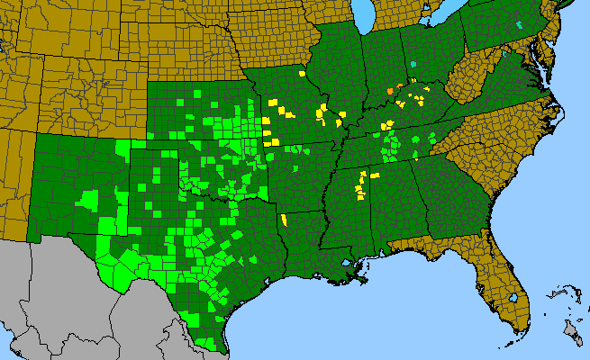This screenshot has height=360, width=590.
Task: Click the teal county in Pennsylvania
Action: (520, 25)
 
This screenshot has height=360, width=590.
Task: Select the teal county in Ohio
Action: (413, 64)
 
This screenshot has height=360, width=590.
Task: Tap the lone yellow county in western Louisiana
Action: (284, 219)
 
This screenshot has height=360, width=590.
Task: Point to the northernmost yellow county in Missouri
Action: (301, 74)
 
